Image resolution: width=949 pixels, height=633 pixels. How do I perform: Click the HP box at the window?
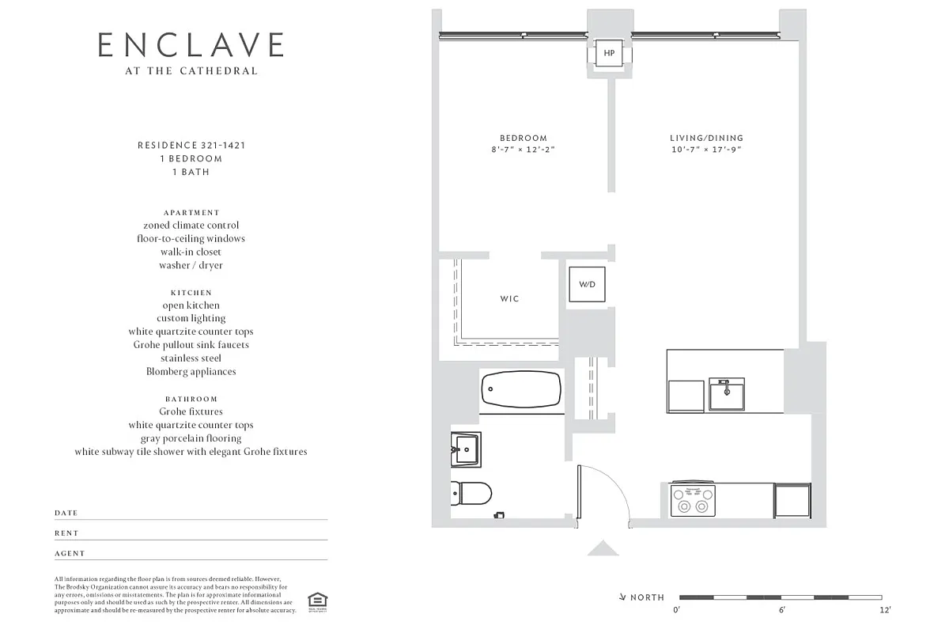point(608,54)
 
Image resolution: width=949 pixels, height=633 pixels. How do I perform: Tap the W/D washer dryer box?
point(587,284)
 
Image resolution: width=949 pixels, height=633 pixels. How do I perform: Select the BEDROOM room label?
point(523,138)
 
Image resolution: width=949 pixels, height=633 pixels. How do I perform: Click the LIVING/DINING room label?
point(706,138)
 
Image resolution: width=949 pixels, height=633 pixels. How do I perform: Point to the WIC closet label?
point(509,299)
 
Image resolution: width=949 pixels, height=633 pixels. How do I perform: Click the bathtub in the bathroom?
point(521,389)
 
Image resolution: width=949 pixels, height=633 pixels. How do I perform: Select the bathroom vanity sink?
point(466,449)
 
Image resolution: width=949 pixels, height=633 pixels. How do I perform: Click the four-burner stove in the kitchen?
point(693,499)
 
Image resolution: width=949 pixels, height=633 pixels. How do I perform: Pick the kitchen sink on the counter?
point(726,393)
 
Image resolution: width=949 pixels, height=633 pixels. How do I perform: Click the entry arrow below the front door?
point(603,548)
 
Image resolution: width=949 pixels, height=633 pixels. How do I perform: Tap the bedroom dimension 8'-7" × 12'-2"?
point(523,150)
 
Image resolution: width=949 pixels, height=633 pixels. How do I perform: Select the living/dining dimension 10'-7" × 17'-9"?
point(706,150)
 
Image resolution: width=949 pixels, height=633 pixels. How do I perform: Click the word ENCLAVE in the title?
point(191,45)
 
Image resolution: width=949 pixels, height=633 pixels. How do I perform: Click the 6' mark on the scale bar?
point(781,609)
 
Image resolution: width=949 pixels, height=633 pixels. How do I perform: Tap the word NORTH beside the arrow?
point(647,597)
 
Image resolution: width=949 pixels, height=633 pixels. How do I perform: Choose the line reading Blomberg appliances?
point(191,371)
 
